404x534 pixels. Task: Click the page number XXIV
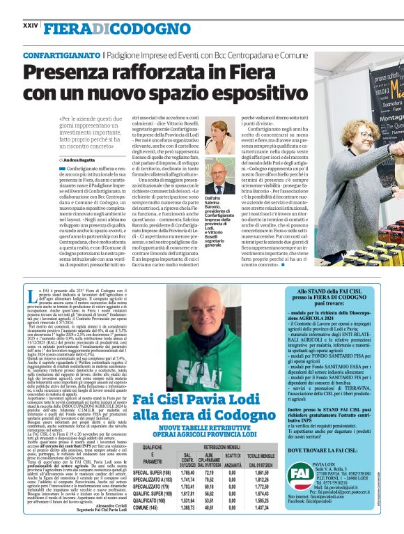click(30, 25)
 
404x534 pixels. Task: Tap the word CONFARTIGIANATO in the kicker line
click(61, 54)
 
